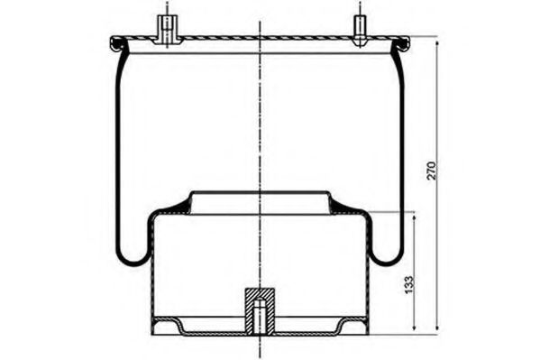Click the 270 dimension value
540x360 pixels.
(431, 171)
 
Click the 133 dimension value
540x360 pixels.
(408, 284)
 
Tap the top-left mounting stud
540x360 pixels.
(167, 30)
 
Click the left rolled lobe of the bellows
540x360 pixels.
(133, 257)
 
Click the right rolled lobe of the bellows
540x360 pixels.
(387, 257)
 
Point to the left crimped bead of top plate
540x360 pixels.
(118, 44)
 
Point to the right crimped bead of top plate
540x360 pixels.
(401, 44)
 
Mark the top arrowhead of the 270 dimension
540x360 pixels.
(437, 44)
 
